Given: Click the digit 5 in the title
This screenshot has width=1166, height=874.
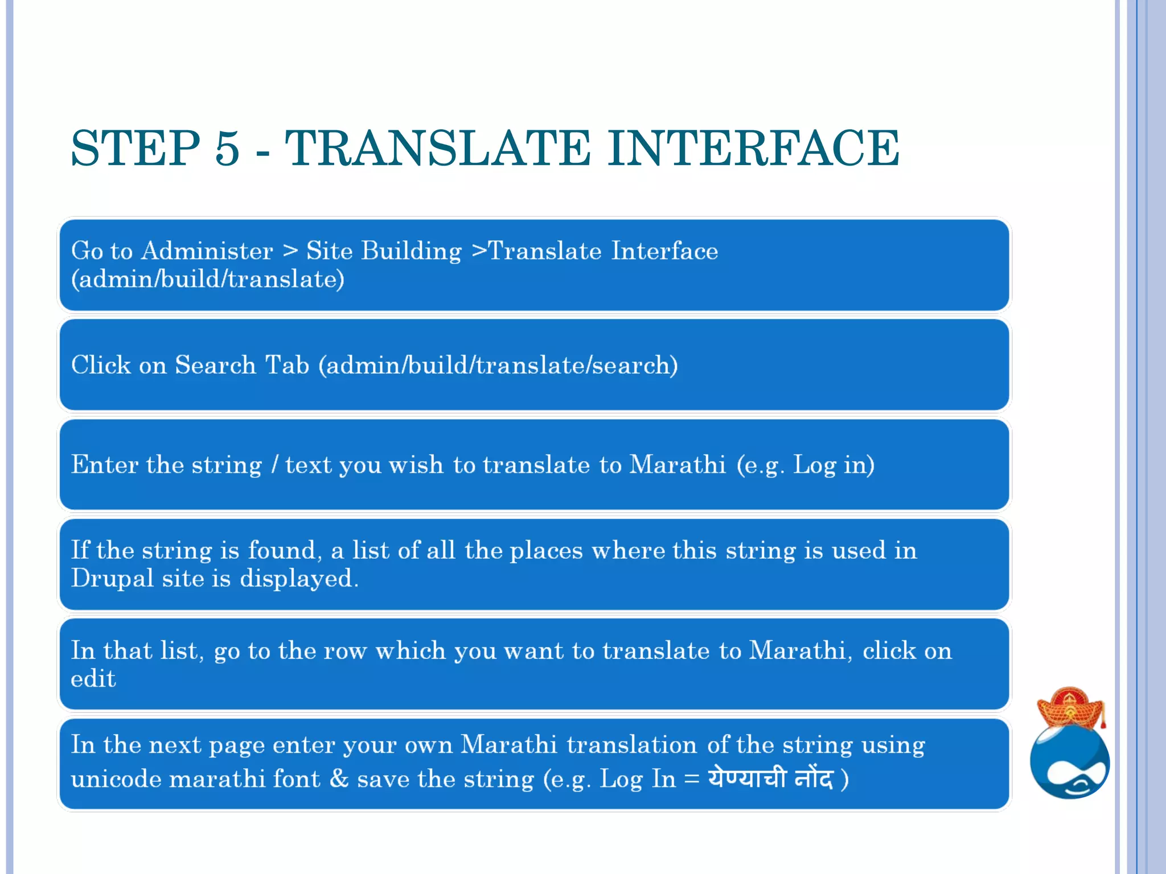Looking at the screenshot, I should tap(227, 149).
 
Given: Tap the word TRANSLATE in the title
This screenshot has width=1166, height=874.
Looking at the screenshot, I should tap(437, 149).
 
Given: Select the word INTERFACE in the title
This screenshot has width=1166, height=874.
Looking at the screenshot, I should tap(753, 149).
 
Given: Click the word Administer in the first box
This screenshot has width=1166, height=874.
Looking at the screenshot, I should tap(207, 251).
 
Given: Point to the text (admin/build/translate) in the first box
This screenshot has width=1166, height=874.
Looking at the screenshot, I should tap(208, 279).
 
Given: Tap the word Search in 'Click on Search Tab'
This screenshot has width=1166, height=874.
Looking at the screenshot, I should tap(215, 365).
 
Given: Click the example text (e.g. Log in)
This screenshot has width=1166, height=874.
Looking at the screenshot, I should tap(805, 465).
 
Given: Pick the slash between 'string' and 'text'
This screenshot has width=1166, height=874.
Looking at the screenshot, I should tap(274, 465).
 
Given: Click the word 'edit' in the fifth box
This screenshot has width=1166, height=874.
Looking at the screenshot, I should tap(93, 679).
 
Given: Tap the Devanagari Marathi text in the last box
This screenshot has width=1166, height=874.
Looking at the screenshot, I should tap(770, 778).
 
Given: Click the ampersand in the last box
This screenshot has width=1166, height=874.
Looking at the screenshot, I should tap(339, 778).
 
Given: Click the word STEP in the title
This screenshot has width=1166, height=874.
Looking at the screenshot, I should tap(136, 149).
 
